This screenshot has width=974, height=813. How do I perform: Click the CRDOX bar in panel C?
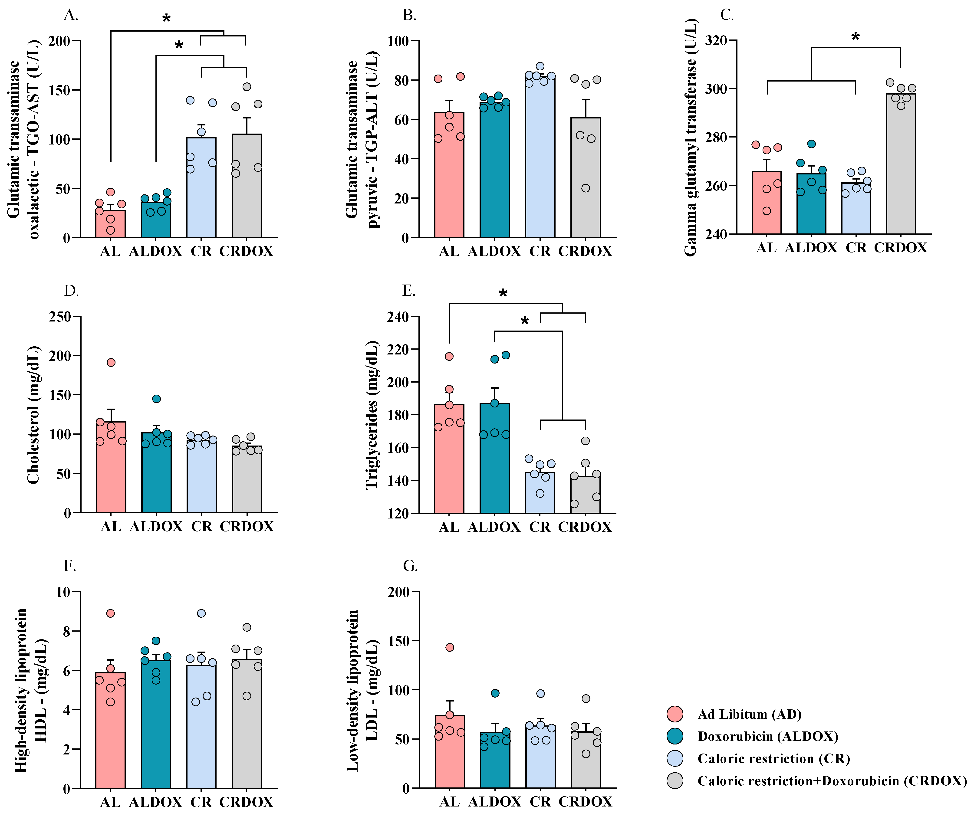tap(901, 167)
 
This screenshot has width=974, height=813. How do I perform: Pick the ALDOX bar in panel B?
tap(494, 172)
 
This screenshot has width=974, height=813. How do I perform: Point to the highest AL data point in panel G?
tap(449, 647)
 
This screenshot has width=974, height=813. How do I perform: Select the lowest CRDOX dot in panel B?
tap(586, 188)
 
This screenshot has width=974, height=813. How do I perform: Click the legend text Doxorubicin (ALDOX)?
tap(768, 737)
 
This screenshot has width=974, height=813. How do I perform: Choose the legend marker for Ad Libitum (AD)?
tap(675, 714)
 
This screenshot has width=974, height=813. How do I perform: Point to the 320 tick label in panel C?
tap(716, 40)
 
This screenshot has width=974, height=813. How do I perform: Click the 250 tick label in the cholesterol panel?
tap(60, 317)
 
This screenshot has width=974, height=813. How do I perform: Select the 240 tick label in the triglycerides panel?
tap(398, 317)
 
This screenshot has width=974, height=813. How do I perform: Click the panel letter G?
tap(410, 566)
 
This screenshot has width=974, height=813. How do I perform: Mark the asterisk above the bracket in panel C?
tap(856, 36)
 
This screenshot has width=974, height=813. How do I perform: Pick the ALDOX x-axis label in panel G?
tap(494, 802)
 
